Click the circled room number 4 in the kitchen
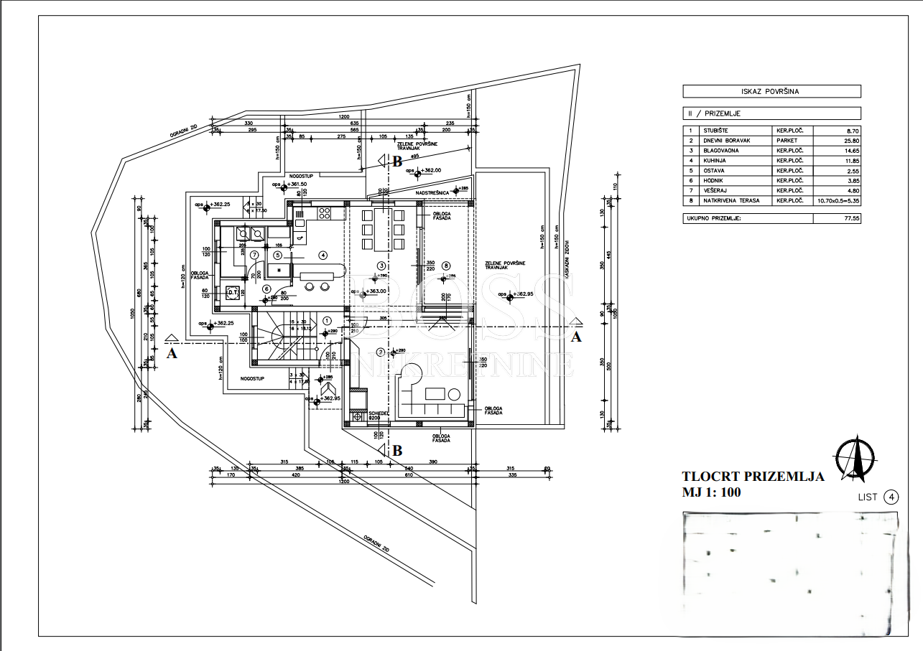(x=323, y=254)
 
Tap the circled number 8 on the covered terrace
(x=446, y=265)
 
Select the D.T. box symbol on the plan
(x=232, y=291)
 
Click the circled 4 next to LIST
(x=891, y=497)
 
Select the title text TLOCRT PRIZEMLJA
(x=753, y=476)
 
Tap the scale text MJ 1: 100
(x=711, y=492)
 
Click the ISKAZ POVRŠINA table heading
(x=771, y=91)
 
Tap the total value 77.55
(x=851, y=217)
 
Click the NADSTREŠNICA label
(x=432, y=192)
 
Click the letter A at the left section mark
(x=172, y=352)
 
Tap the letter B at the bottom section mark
(x=396, y=451)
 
